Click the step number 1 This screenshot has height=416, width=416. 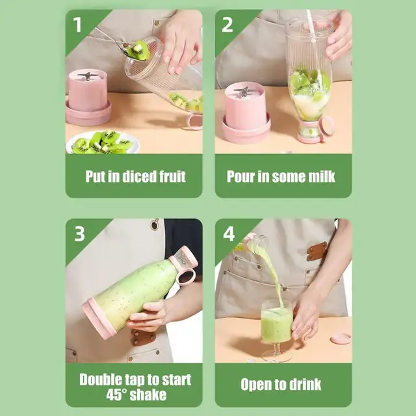tap(78, 24)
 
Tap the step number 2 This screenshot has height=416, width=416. tap(227, 24)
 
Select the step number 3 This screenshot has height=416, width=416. tap(79, 233)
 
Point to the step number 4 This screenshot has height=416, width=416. tap(229, 233)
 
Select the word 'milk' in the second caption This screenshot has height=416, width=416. tap(320, 175)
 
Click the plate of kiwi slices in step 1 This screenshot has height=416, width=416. tap(102, 142)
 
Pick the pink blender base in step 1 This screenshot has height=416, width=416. tap(88, 97)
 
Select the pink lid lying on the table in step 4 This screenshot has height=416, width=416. tap(341, 339)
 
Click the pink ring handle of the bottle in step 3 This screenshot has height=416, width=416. tap(185, 277)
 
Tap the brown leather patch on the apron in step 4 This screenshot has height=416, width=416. tap(317, 251)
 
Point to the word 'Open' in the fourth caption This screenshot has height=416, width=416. tap(255, 384)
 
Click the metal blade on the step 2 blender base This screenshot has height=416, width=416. tap(242, 92)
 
